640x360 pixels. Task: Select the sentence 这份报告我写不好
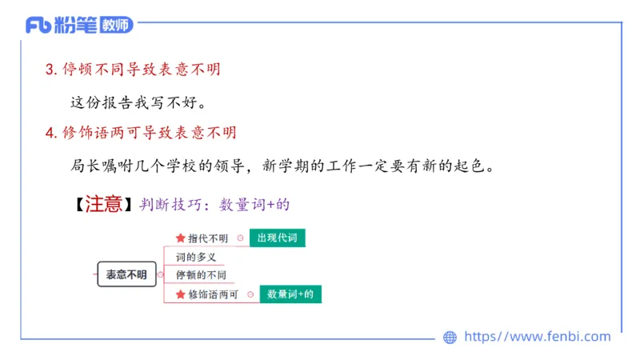tap(133, 103)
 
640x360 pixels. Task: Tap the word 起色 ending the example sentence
tap(479, 166)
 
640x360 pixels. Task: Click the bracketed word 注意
tap(102, 204)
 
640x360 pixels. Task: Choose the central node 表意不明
tap(126, 274)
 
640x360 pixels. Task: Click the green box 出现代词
tap(277, 238)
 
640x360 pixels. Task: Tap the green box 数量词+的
tap(290, 294)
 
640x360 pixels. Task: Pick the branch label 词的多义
tap(196, 258)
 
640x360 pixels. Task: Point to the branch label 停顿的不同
tap(201, 276)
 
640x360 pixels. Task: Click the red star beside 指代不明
tap(180, 238)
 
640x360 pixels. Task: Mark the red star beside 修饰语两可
tap(180, 294)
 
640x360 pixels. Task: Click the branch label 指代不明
tap(208, 238)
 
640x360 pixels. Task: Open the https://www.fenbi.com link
tap(537, 337)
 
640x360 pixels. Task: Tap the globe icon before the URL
tap(450, 338)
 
